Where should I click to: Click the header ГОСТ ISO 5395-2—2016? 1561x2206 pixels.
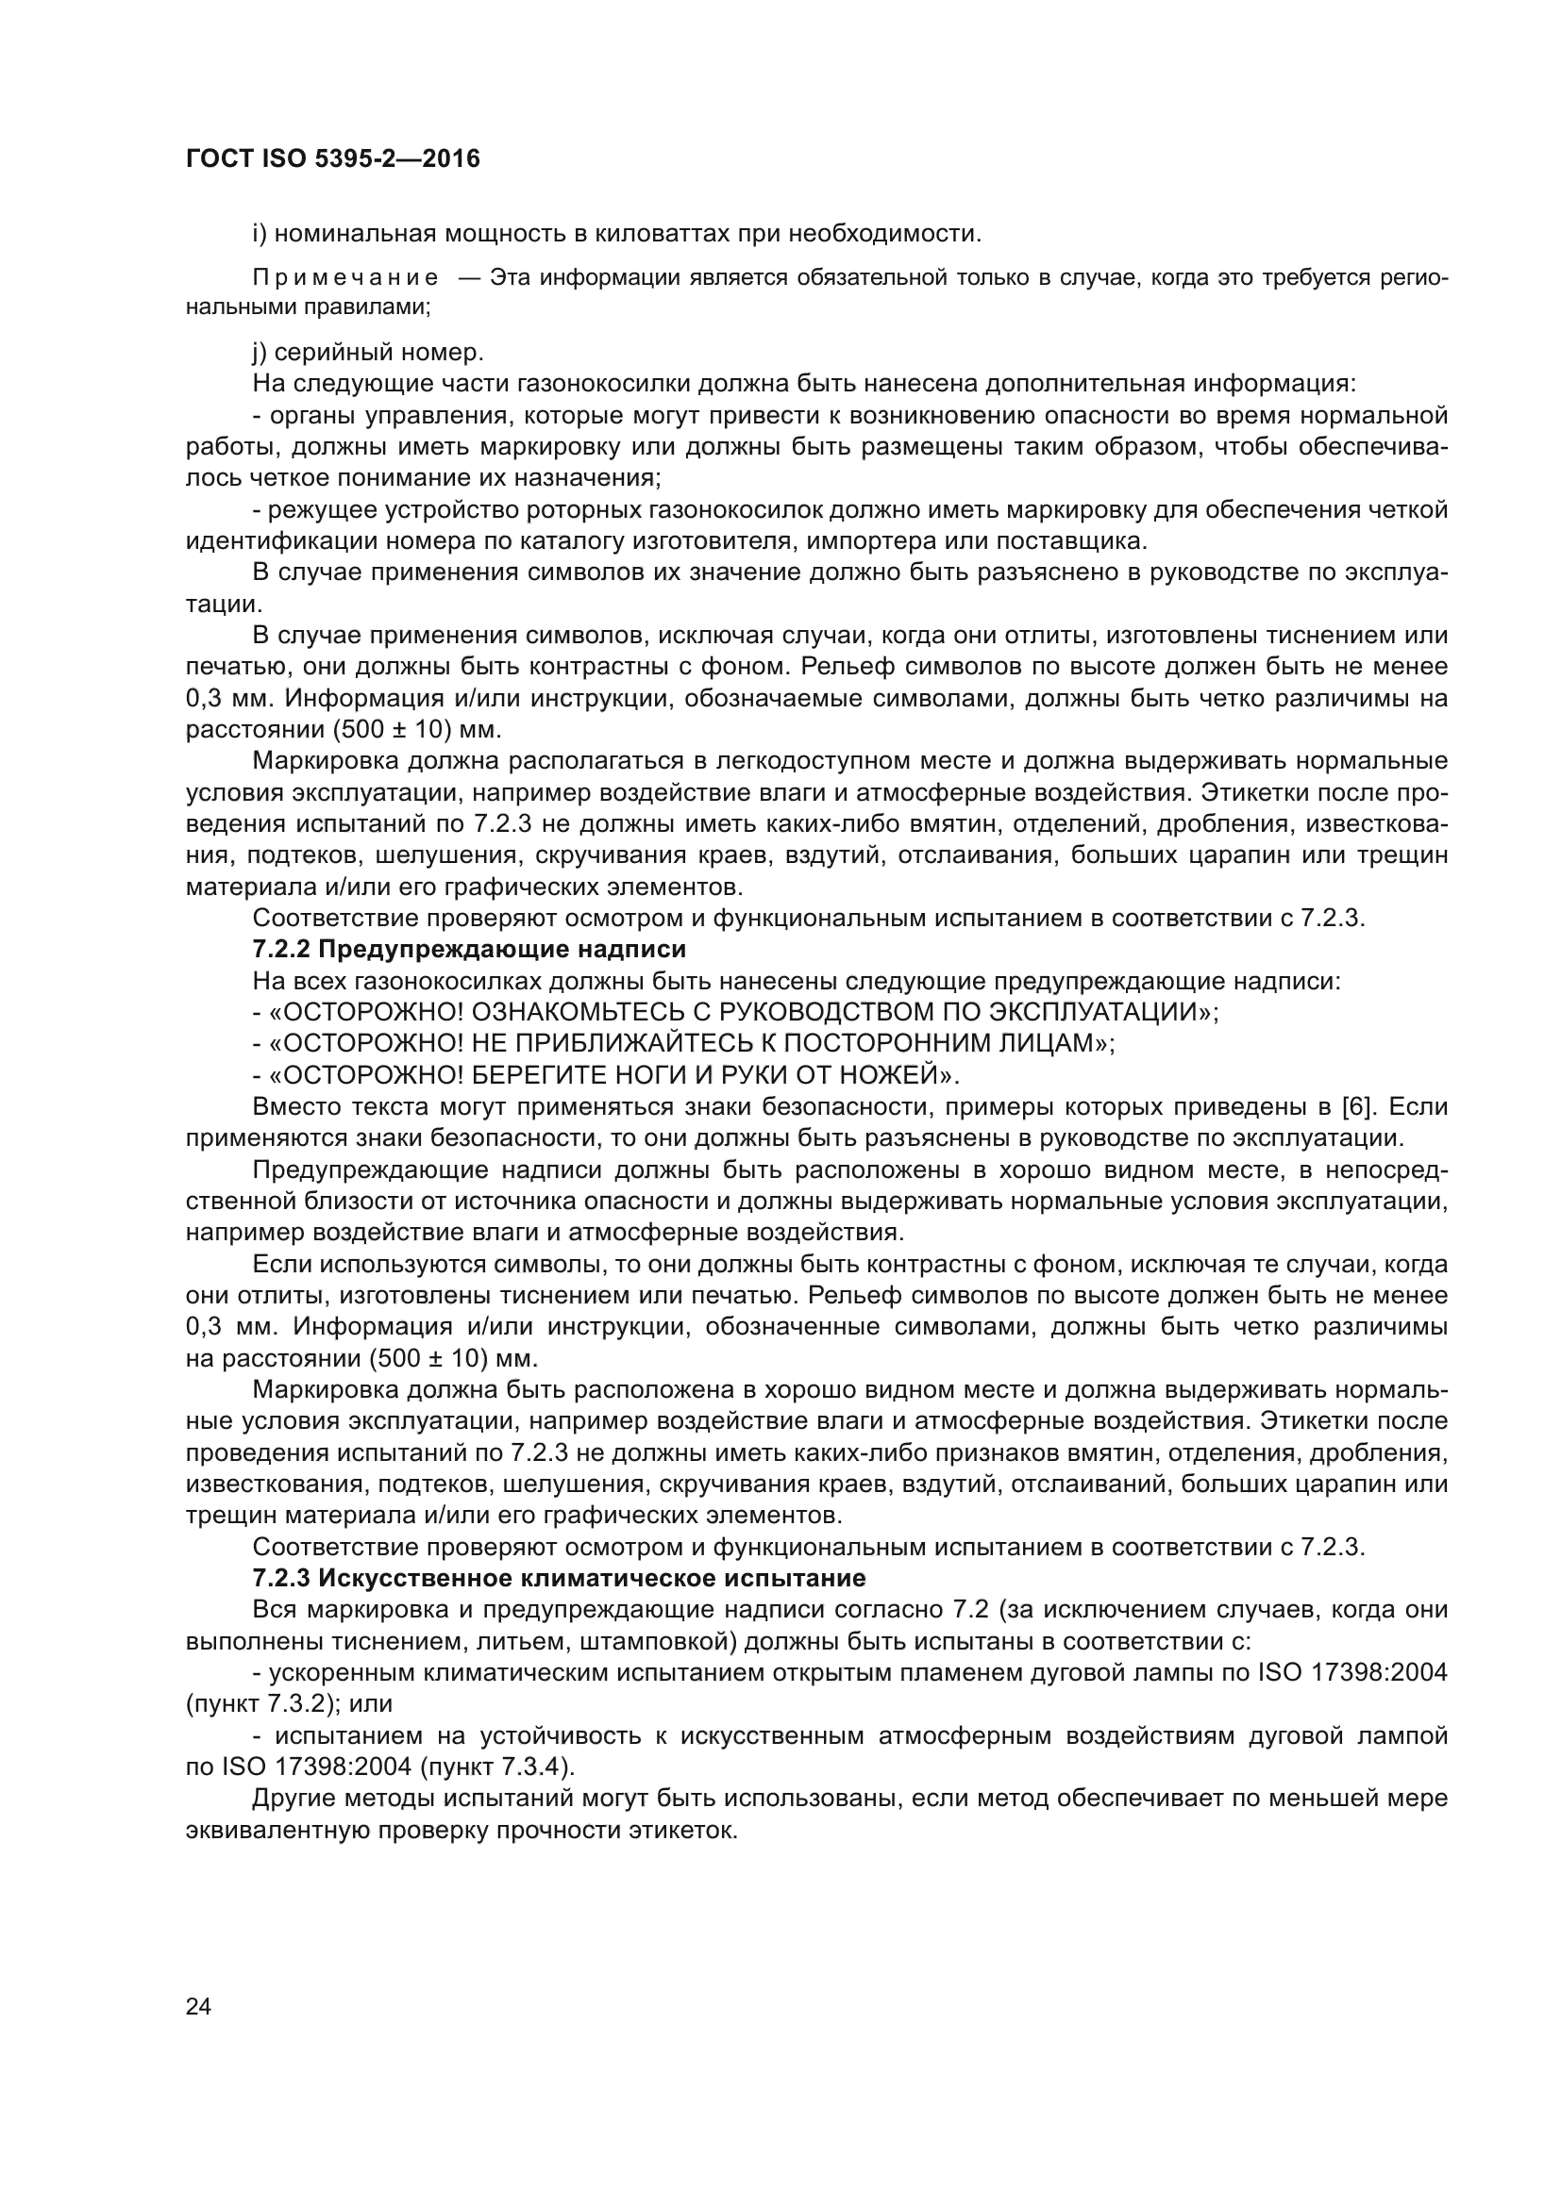[332, 158]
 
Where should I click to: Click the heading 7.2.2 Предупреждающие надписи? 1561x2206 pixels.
[469, 950]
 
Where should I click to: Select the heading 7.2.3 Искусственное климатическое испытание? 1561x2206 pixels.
[559, 1578]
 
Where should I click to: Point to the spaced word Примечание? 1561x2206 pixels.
[345, 277]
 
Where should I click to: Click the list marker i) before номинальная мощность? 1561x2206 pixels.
[259, 234]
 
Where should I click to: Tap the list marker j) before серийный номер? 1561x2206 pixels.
[259, 353]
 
